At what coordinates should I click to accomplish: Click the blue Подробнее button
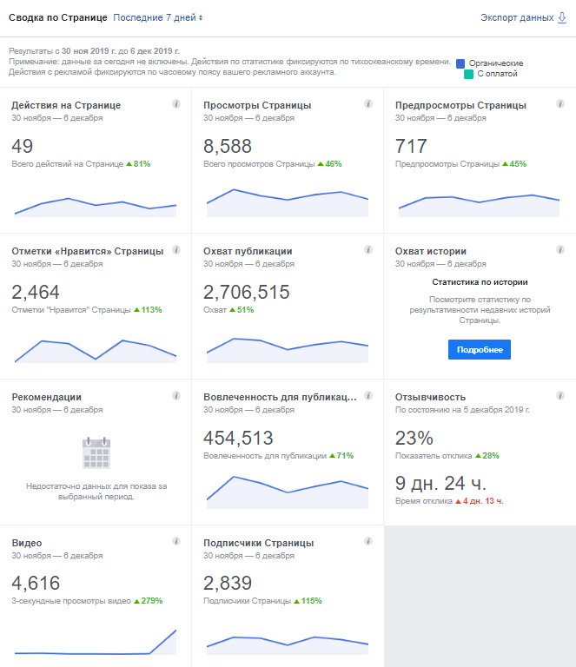(x=480, y=349)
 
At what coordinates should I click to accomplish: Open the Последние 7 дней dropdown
(x=158, y=17)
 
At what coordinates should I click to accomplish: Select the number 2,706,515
(x=252, y=292)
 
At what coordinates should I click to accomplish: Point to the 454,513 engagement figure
(x=238, y=438)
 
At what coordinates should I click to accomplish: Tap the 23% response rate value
(x=414, y=438)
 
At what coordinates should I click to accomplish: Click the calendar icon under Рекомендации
(x=96, y=452)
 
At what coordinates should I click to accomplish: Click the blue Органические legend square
(x=460, y=63)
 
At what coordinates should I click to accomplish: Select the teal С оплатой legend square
(x=469, y=75)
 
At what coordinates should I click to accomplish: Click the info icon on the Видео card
(x=176, y=541)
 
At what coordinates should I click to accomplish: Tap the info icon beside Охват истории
(x=560, y=250)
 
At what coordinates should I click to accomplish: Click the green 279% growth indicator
(x=149, y=600)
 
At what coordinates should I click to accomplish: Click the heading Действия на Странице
(x=66, y=105)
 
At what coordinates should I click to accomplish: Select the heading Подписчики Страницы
(x=258, y=543)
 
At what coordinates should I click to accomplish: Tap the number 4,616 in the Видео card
(x=36, y=584)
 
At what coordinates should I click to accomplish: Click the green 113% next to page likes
(x=148, y=309)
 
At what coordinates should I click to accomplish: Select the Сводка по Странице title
(x=57, y=17)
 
